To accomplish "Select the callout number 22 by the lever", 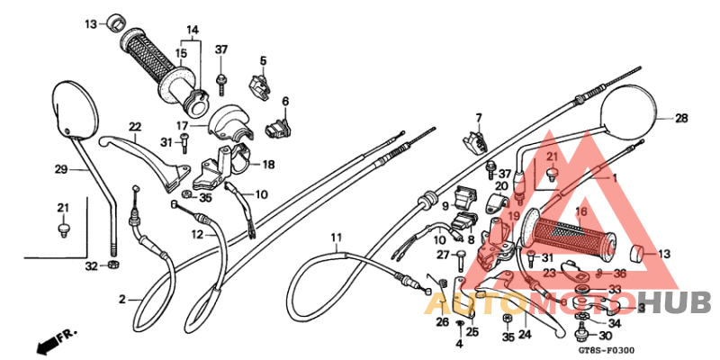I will pyautogui.click(x=134, y=126).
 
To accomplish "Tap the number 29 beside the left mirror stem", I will pyautogui.click(x=61, y=170).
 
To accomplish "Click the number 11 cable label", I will pyautogui.click(x=335, y=238).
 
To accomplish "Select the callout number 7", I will pyautogui.click(x=479, y=117).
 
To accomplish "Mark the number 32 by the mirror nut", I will pyautogui.click(x=92, y=266).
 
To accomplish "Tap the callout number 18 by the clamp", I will pyautogui.click(x=268, y=165).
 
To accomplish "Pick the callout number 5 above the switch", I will pyautogui.click(x=264, y=61).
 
